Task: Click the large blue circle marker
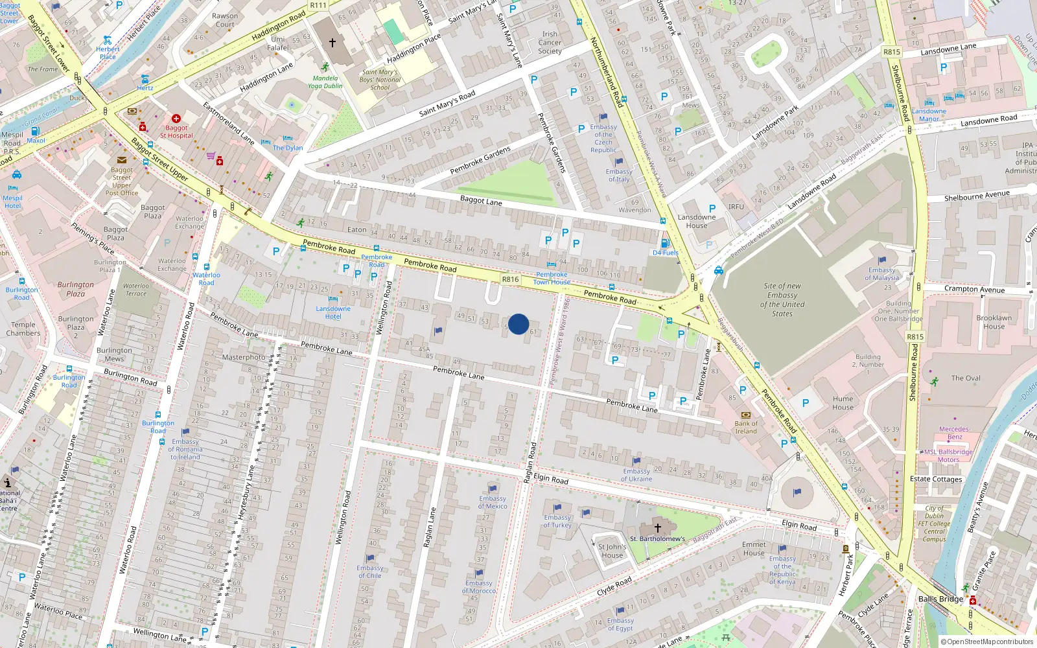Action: click(518, 324)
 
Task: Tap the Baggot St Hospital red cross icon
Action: click(176, 119)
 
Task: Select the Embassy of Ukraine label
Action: click(636, 475)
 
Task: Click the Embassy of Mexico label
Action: click(493, 502)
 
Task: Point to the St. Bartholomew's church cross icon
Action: click(657, 527)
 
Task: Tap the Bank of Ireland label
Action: click(746, 427)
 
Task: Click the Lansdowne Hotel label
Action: click(333, 312)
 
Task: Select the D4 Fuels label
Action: click(666, 253)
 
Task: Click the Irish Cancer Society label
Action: click(550, 43)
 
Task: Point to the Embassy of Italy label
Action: click(619, 175)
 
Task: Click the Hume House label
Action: click(843, 403)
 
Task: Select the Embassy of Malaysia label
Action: click(882, 273)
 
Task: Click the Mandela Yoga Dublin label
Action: click(325, 82)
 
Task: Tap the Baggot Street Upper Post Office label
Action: click(122, 181)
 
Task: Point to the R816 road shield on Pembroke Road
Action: click(510, 279)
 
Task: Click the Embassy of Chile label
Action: click(370, 572)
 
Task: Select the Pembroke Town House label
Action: click(552, 278)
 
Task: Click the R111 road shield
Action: click(318, 5)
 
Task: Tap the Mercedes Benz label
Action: click(954, 433)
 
